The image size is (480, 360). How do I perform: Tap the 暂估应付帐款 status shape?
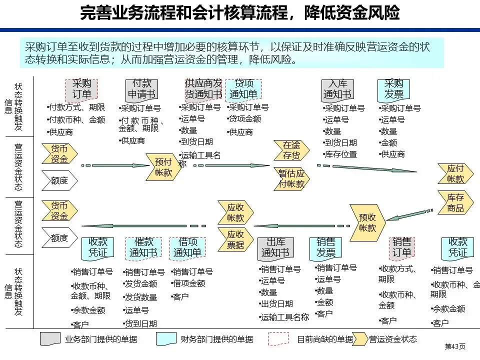click(x=291, y=178)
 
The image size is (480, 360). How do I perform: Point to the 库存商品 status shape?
click(x=455, y=202)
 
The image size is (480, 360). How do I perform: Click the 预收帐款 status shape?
click(x=367, y=222)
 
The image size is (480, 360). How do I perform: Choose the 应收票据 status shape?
click(x=235, y=239)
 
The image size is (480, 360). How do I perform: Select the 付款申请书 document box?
click(x=141, y=89)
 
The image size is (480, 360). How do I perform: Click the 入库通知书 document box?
click(x=337, y=89)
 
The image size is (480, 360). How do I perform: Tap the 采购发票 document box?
click(x=393, y=89)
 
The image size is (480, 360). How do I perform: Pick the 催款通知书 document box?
click(x=143, y=247)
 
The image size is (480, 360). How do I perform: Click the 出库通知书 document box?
click(x=275, y=247)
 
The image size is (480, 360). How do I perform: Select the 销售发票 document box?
click(x=325, y=247)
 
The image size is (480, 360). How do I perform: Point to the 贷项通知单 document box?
click(x=243, y=89)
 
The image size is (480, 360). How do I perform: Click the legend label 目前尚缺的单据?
click(x=324, y=339)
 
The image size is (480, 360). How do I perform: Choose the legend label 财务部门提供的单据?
click(x=216, y=339)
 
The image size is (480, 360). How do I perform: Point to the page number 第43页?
click(x=455, y=346)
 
